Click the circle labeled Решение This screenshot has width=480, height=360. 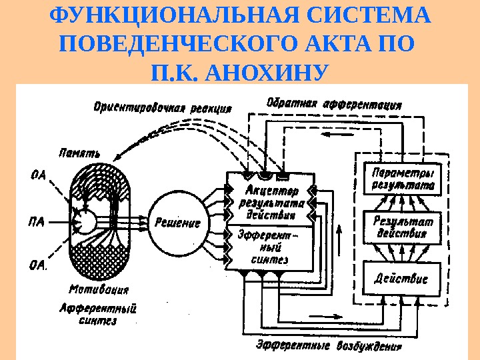click(178, 223)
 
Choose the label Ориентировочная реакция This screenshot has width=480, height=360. click(163, 107)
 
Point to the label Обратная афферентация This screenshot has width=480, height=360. click(334, 105)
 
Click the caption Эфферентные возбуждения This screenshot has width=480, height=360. click(329, 347)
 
